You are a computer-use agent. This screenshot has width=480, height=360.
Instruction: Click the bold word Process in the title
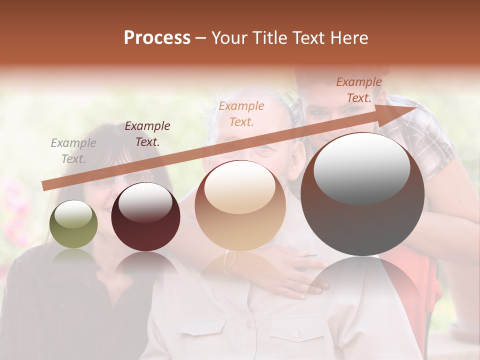pos(157,38)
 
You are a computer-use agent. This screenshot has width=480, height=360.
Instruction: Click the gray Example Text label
pos(73,151)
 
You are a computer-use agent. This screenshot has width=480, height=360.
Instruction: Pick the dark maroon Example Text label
pos(147,134)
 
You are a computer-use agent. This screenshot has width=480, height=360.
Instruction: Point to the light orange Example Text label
pos(241,113)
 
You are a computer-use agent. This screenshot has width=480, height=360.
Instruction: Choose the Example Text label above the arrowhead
pos(358,90)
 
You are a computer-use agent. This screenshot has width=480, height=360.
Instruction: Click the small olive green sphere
pos(73,224)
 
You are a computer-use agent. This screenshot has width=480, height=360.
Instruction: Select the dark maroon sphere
pos(145,216)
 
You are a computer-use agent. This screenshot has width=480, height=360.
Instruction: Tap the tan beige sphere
pos(240,205)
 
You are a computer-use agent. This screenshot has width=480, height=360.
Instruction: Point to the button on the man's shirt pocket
pos(297,333)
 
